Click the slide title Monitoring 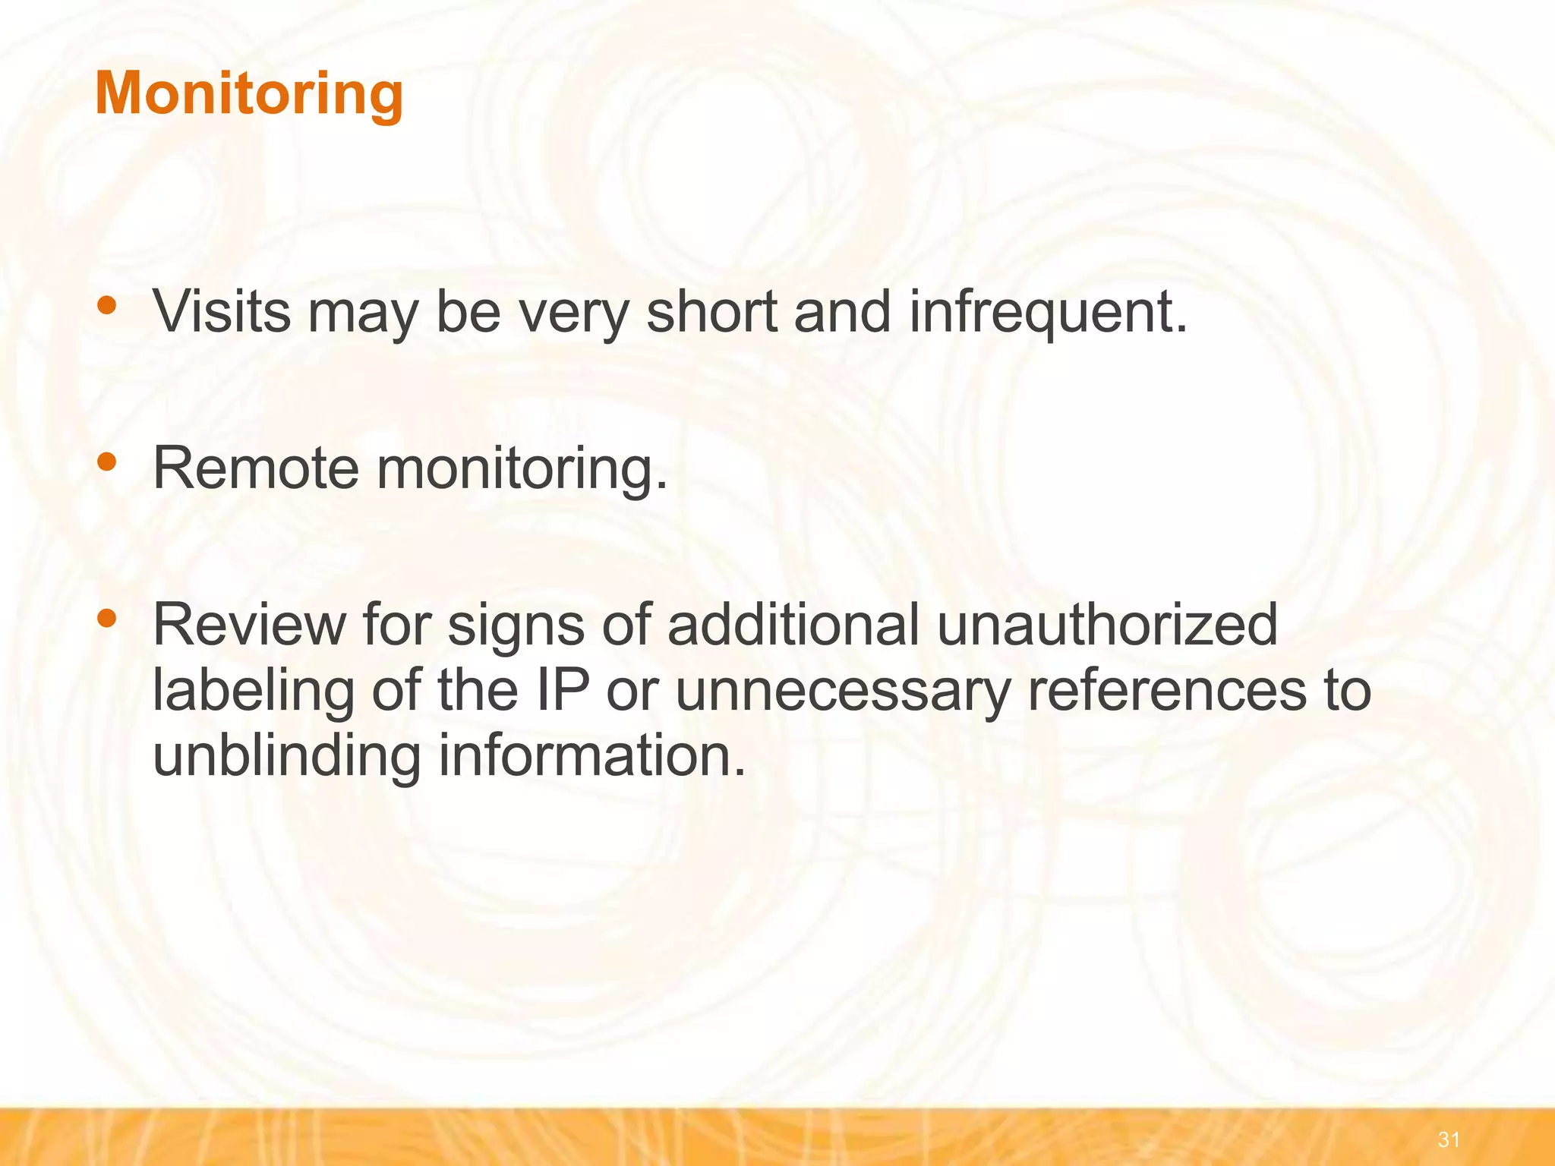[249, 93]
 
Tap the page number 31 [1449, 1139]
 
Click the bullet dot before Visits [107, 305]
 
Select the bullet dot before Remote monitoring [107, 462]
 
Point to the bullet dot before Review [107, 618]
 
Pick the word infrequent [1047, 312]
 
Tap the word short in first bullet [711, 312]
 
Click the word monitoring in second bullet [522, 468]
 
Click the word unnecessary [842, 690]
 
